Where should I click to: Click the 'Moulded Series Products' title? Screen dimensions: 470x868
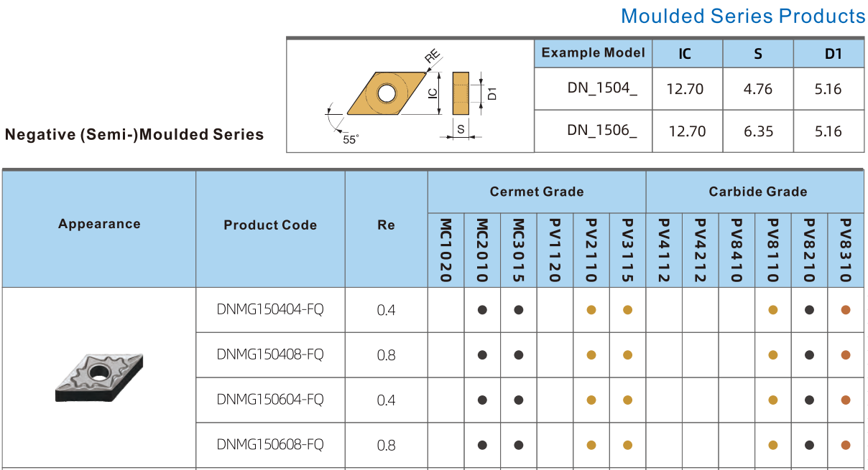point(743,16)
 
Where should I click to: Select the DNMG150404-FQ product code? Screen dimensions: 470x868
point(270,310)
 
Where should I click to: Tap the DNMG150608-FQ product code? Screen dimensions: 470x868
point(270,444)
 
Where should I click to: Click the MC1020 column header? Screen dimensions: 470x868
point(446,250)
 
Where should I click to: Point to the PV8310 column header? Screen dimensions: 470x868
point(846,250)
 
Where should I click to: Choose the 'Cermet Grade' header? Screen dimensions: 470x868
point(537,192)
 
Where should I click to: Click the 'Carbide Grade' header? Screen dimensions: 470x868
point(757,192)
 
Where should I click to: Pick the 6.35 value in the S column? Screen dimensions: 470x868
point(759,131)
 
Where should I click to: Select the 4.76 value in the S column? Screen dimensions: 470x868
point(759,89)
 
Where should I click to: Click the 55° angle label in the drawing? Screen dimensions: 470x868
point(350,140)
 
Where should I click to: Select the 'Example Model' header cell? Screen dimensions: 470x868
point(593,53)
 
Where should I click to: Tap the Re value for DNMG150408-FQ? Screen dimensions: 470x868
point(386,355)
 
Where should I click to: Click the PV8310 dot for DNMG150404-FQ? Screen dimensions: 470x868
point(846,310)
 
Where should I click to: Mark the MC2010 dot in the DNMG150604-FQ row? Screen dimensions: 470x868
point(483,400)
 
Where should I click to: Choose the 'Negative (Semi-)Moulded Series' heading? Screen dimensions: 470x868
point(134,134)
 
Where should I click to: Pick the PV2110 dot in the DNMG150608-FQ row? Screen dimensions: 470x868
point(591,445)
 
